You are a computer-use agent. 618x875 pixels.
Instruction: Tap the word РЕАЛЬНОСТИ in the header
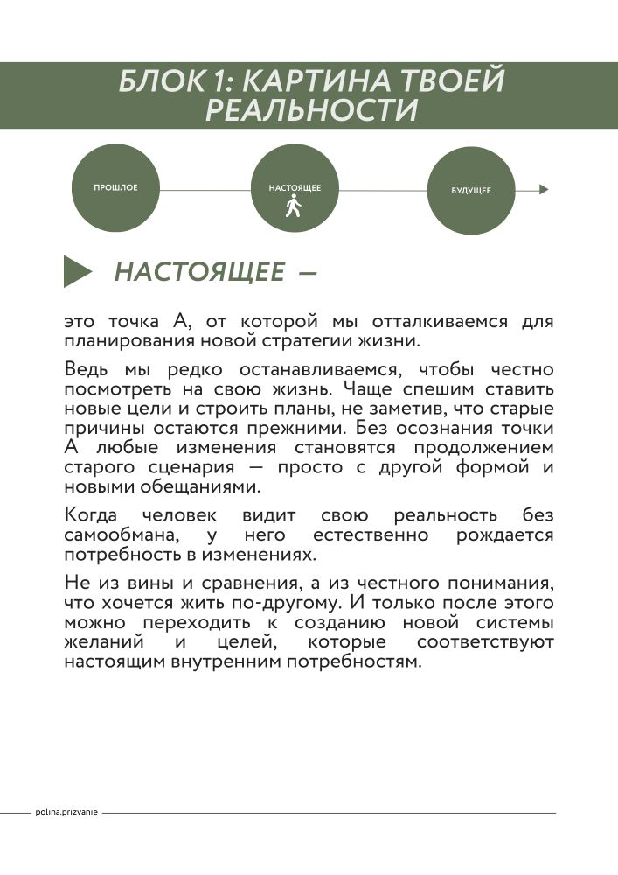[x=310, y=111]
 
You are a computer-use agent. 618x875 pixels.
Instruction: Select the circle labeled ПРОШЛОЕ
[x=115, y=188]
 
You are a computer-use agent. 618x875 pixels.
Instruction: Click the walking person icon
[x=294, y=207]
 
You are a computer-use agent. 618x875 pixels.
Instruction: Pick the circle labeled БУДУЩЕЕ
[x=470, y=190]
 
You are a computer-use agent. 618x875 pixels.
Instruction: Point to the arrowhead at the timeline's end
[x=545, y=189]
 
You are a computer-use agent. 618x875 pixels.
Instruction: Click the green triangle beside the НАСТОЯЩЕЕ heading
[x=77, y=271]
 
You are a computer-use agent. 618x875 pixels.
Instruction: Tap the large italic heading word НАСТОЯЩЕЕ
[x=199, y=272]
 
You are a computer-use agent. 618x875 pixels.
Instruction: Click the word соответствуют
[x=485, y=642]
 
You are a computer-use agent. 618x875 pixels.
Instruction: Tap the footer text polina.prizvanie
[x=66, y=812]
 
